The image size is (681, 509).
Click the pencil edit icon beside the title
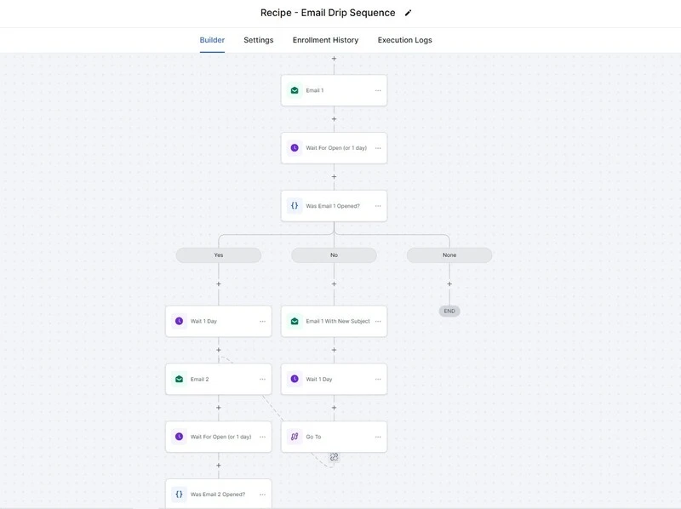(408, 13)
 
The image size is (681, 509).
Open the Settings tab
(259, 40)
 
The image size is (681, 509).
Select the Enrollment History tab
(325, 40)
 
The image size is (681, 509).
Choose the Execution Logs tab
(405, 40)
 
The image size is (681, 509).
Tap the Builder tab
(212, 40)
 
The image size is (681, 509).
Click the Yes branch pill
(219, 255)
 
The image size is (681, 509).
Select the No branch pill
(334, 255)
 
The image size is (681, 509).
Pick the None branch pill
(449, 255)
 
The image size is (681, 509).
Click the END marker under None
(449, 311)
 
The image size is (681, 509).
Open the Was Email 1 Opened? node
(334, 206)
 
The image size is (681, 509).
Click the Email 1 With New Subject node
(334, 322)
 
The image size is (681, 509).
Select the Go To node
(334, 437)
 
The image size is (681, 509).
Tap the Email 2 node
(219, 379)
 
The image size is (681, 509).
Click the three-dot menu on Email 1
(378, 90)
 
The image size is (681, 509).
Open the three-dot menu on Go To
(378, 437)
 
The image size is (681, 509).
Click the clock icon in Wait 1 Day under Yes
(179, 321)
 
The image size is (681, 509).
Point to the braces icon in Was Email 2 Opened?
(179, 495)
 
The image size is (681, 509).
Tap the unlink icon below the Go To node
(334, 457)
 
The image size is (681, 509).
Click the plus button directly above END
(449, 284)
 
